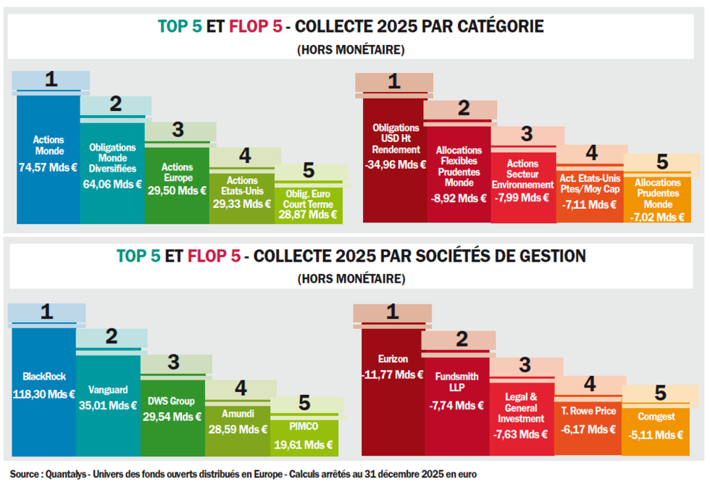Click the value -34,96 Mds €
396,164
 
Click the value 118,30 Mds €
44,394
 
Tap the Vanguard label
108,388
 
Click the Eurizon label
393,359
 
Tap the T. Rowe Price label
588,412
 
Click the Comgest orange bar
656,427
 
